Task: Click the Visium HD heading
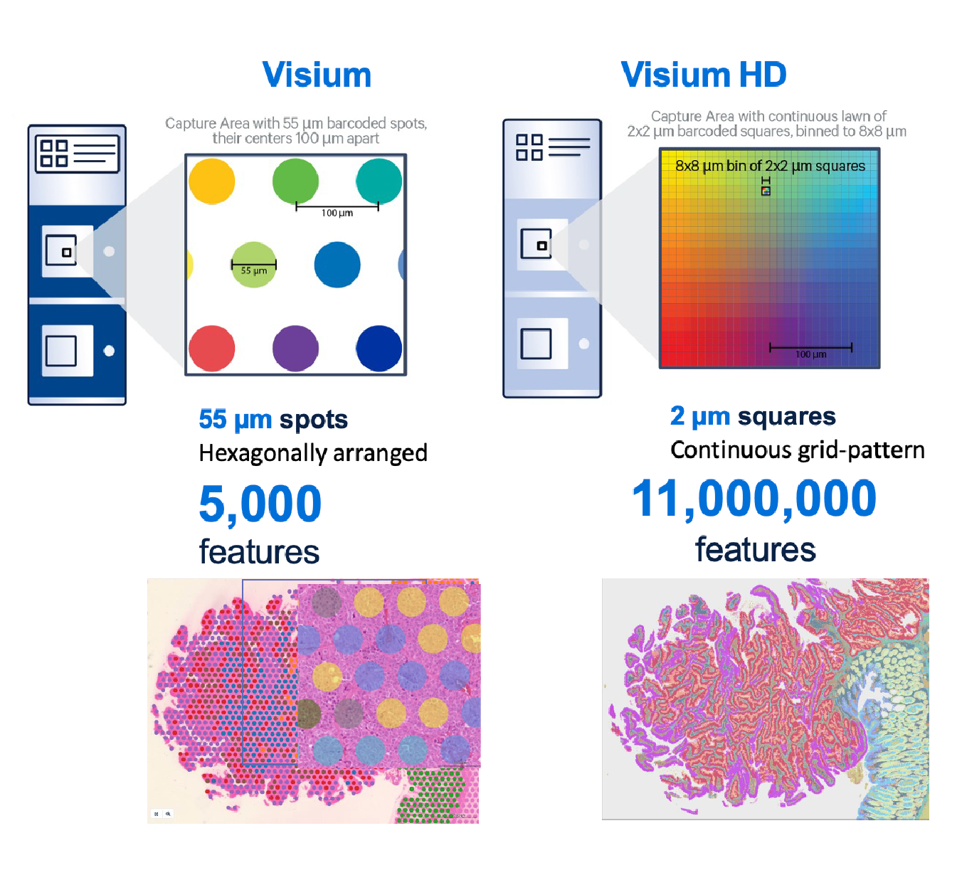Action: [x=703, y=75]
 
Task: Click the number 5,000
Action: [x=260, y=504]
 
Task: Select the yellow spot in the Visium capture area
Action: [x=212, y=181]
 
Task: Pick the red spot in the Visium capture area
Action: [x=212, y=349]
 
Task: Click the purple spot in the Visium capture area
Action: [x=295, y=349]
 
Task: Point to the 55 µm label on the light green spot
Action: [x=254, y=270]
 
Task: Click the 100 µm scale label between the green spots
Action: [x=337, y=213]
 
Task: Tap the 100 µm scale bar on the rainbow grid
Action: [x=810, y=348]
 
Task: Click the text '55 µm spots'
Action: [x=273, y=420]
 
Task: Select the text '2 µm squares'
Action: [x=753, y=416]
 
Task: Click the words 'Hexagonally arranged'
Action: [x=313, y=453]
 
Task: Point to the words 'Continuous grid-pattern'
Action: [x=797, y=450]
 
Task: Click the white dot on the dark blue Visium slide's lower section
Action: [x=109, y=351]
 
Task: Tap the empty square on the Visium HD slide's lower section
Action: [x=536, y=344]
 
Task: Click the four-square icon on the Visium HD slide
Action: [x=529, y=147]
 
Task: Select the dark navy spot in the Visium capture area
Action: [x=379, y=349]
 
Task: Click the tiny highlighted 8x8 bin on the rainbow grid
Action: [x=766, y=191]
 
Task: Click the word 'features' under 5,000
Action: [x=259, y=552]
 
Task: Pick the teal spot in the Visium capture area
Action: [x=379, y=181]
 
